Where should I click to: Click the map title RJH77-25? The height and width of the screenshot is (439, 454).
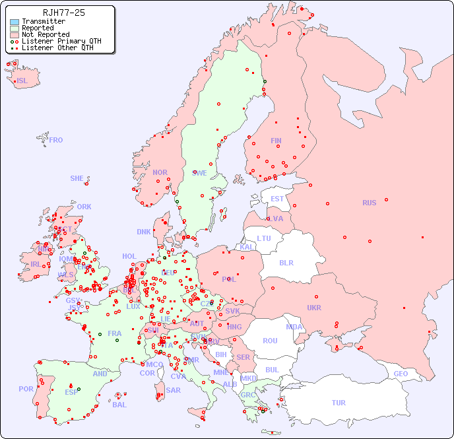[63, 13]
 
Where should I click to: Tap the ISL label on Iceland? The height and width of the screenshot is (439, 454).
[22, 81]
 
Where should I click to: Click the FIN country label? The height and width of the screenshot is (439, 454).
[276, 141]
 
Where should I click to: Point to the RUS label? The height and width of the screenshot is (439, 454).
[369, 203]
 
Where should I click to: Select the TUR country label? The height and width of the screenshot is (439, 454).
[339, 403]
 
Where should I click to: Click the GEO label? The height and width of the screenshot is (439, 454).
[401, 374]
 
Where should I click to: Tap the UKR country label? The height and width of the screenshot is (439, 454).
[314, 308]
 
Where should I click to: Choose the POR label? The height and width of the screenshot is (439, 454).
[26, 389]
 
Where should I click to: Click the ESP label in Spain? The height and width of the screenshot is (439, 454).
[71, 391]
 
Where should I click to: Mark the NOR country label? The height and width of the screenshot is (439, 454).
[160, 172]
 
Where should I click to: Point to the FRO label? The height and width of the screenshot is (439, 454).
[56, 140]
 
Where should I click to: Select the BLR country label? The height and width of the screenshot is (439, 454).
[286, 262]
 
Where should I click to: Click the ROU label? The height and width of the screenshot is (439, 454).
[270, 341]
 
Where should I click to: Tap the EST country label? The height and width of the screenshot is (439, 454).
[277, 199]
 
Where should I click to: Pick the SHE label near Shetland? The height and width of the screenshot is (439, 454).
[77, 178]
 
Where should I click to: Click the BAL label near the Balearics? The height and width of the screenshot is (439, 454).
[119, 405]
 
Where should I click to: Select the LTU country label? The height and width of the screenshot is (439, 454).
[264, 238]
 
